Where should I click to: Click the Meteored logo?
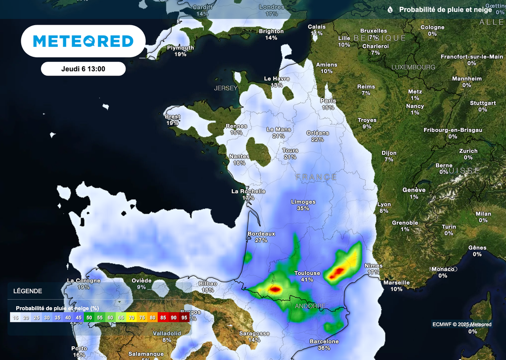point(83,41)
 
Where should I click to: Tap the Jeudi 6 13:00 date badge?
point(83,69)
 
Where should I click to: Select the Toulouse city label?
point(307,273)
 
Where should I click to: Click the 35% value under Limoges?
point(303,208)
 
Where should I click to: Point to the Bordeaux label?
point(261,234)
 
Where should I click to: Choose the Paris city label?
point(328,101)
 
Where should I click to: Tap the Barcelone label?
point(324,341)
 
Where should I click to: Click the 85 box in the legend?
point(163,318)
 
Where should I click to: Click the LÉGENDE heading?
point(28,291)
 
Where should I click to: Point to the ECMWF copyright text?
point(462,324)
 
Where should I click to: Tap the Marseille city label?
point(396,282)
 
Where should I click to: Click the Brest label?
point(172,117)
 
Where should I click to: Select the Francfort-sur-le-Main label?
point(471,57)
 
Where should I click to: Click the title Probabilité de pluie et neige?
point(445,9)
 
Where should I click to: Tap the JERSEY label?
point(226,88)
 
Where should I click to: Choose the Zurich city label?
point(468,151)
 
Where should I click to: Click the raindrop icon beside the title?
point(390,9)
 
